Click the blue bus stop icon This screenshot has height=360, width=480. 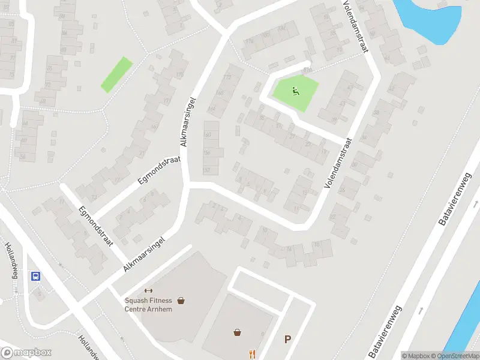click(36, 276)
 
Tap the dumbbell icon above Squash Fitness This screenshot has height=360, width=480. click(148, 291)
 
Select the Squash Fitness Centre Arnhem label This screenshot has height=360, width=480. click(148, 304)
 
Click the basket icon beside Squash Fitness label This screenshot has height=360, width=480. click(181, 301)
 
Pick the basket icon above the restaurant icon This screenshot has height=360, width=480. click(238, 332)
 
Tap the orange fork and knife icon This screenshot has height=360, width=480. click(252, 354)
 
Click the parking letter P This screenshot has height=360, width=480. click(287, 340)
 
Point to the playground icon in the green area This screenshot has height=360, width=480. click(295, 91)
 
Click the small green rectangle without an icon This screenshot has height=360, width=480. click(116, 74)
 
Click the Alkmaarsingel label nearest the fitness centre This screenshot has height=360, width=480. click(144, 254)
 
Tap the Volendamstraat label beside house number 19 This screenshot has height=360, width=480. click(337, 163)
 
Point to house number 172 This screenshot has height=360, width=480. click(227, 77)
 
